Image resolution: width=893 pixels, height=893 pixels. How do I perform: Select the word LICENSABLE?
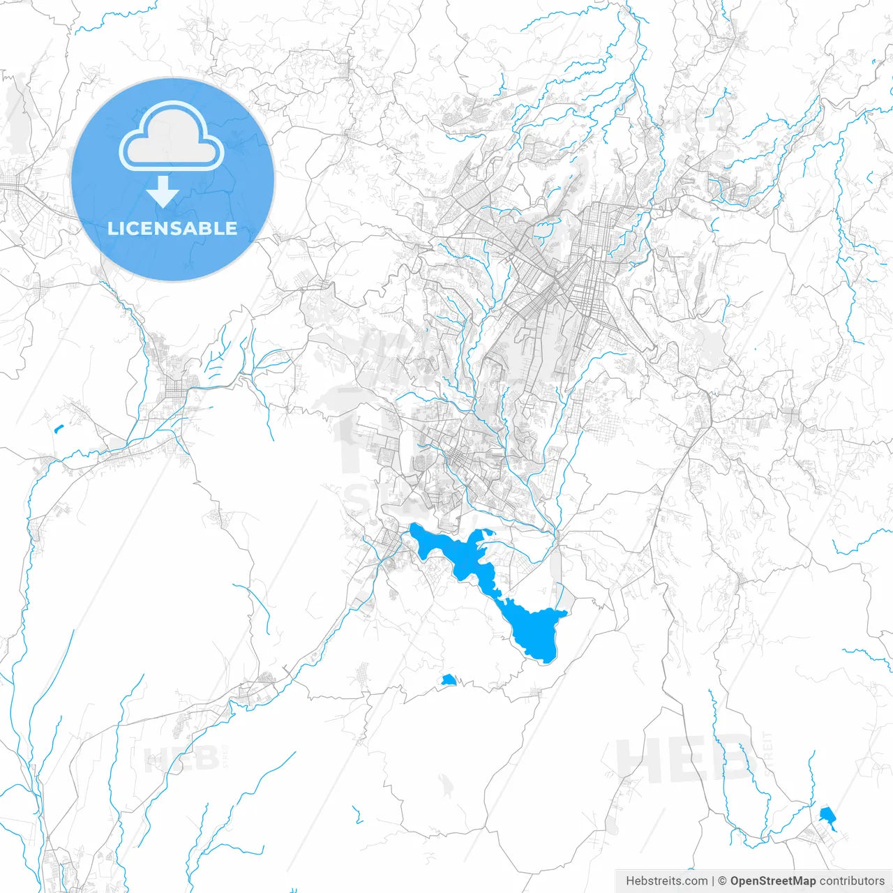(172, 228)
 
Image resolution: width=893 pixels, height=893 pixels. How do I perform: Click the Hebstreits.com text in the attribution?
(666, 881)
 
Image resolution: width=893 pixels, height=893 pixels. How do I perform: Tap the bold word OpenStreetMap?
(772, 881)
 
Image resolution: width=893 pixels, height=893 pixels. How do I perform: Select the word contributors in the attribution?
(852, 881)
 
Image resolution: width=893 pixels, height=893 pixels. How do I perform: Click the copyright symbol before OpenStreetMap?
(723, 881)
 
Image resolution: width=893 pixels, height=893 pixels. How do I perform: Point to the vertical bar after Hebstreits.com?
(713, 881)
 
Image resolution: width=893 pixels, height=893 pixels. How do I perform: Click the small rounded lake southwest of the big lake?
(448, 680)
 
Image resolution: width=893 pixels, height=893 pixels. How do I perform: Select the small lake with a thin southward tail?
(827, 816)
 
